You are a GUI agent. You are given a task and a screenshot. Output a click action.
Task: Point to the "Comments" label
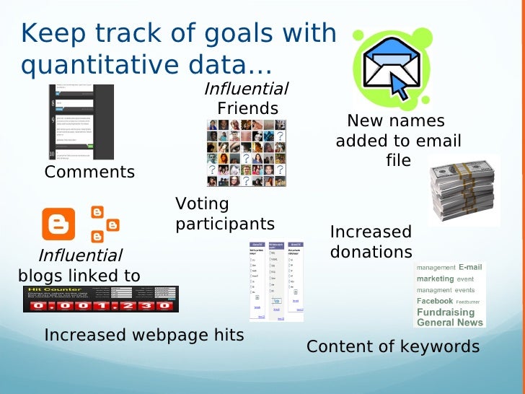coord(89,172)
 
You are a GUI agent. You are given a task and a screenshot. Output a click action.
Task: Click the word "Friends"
coord(247,108)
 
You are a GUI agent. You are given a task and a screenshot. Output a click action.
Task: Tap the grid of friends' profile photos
coord(246,153)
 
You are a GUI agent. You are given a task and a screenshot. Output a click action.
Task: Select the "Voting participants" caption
coord(224,214)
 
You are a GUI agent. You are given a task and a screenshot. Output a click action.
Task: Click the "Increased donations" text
coord(371,242)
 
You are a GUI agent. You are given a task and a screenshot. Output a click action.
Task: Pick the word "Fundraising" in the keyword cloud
coord(446,312)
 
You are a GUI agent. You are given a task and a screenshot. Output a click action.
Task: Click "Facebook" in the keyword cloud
coord(434,301)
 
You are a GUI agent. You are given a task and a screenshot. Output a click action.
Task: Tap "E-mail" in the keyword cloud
coord(469,267)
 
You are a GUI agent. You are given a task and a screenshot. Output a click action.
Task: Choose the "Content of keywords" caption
coord(393,346)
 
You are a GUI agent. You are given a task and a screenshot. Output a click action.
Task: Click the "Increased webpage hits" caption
coord(144,335)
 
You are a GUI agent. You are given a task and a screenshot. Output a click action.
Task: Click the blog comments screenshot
coord(81,122)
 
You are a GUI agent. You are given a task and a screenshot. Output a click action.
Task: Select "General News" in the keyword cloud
coord(450,323)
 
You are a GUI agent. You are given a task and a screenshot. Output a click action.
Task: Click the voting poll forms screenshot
coord(276,281)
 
